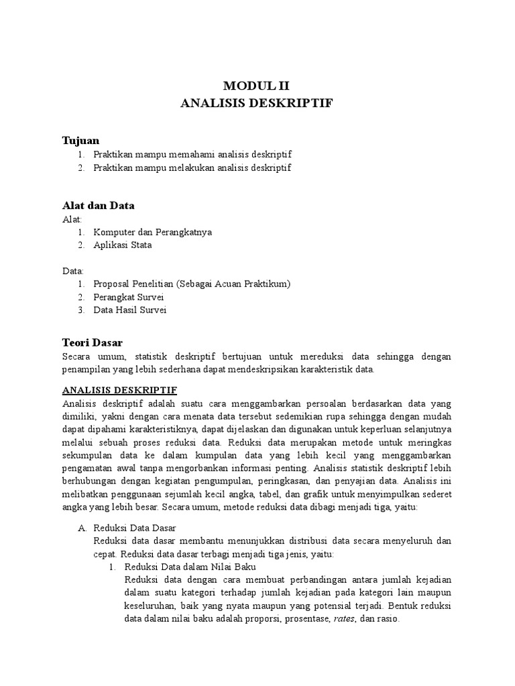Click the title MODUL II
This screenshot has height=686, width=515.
pyautogui.click(x=257, y=86)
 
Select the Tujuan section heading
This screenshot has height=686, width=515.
pyautogui.click(x=80, y=140)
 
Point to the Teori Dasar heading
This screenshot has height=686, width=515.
pyautogui.click(x=92, y=342)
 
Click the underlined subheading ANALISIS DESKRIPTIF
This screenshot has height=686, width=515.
pyautogui.click(x=119, y=390)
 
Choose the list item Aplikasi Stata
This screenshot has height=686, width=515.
pyautogui.click(x=123, y=245)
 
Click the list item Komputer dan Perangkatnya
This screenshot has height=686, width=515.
pyautogui.click(x=152, y=232)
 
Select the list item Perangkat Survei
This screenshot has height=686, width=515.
pyautogui.click(x=129, y=297)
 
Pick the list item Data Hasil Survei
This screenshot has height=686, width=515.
pyautogui.click(x=130, y=310)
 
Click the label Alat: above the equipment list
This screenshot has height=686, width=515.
pyautogui.click(x=72, y=219)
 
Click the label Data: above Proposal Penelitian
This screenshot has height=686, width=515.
pyautogui.click(x=73, y=271)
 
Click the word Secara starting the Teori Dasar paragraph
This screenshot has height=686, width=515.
pyautogui.click(x=79, y=356)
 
